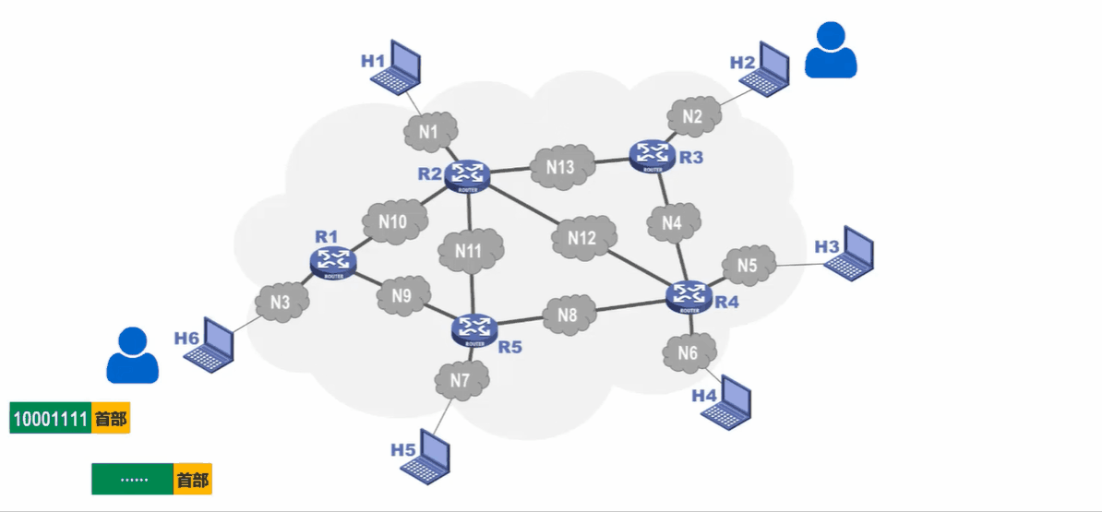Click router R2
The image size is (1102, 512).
[466, 174]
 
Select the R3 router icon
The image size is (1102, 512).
[653, 155]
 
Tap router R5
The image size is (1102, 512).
[474, 328]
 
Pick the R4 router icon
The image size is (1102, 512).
[689, 296]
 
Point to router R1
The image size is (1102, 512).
[334, 262]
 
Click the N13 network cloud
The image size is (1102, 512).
[559, 167]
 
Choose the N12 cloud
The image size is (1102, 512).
[581, 238]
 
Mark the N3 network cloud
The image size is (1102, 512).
[281, 301]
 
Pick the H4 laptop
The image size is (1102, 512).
[728, 400]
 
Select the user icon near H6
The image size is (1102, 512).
[133, 355]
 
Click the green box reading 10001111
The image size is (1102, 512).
[51, 418]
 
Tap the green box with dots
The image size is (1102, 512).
[133, 480]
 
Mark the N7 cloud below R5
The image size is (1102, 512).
[461, 379]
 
